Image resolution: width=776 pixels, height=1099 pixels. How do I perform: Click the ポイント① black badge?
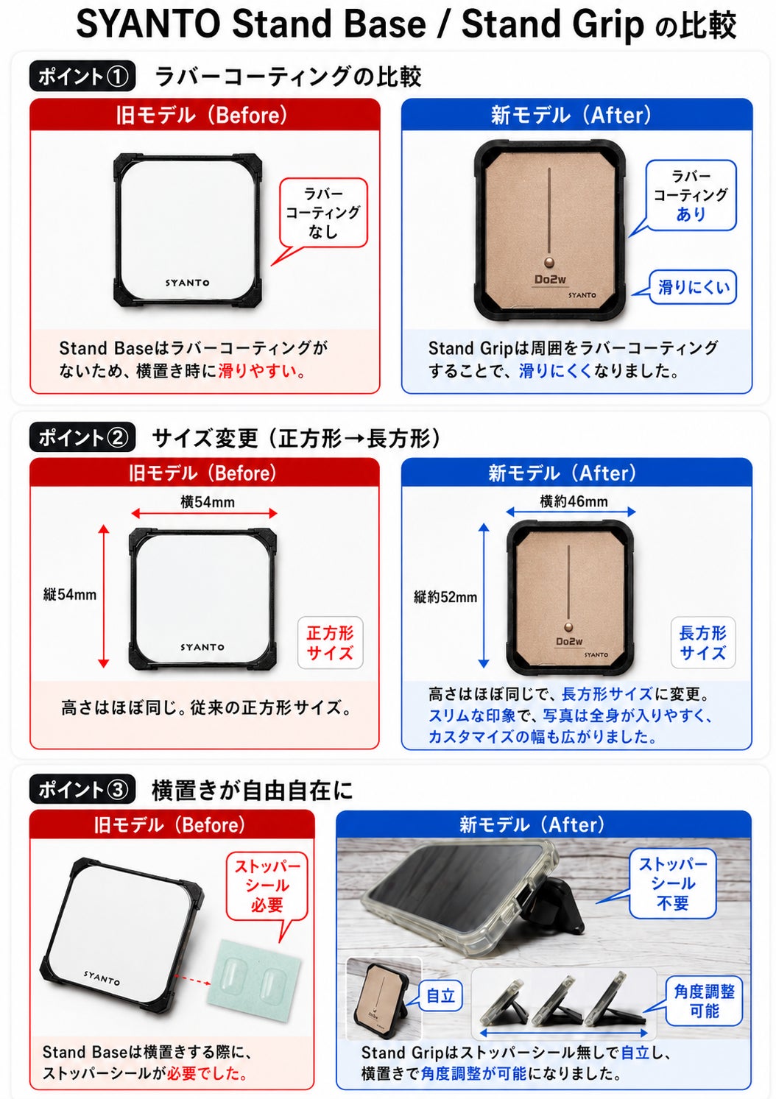click(x=82, y=76)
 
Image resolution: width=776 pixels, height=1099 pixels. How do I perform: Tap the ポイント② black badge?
click(x=82, y=437)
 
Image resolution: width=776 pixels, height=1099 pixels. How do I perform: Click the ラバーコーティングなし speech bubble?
click(x=323, y=213)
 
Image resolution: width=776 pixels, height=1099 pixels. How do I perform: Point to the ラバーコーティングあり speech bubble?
click(x=691, y=195)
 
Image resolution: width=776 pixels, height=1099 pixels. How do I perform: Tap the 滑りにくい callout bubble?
click(x=693, y=287)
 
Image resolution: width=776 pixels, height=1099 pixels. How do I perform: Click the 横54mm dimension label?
click(x=207, y=502)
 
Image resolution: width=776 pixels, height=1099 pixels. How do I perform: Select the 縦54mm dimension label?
click(x=70, y=595)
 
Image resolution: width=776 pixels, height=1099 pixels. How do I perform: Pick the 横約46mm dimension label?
click(x=574, y=501)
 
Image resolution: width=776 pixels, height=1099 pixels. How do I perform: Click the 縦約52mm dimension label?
click(x=445, y=597)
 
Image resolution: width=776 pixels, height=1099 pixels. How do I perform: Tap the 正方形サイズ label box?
click(x=331, y=643)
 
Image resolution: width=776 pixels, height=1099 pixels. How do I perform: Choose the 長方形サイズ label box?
click(x=703, y=643)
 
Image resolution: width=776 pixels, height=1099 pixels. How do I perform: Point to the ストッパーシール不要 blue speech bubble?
click(x=672, y=883)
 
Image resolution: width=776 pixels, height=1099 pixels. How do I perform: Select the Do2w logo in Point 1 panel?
click(x=550, y=280)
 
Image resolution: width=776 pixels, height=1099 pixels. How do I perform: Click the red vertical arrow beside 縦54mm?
click(x=104, y=596)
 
